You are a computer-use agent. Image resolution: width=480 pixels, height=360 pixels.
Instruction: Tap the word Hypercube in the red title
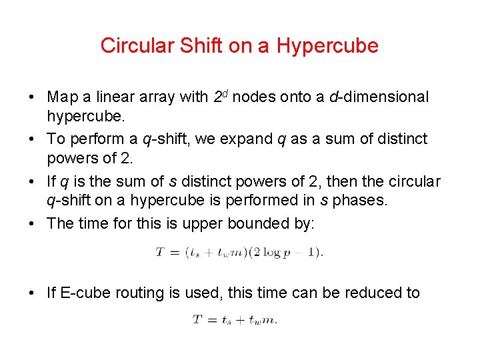(327, 46)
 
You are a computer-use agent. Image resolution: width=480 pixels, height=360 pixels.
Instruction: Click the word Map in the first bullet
(62, 97)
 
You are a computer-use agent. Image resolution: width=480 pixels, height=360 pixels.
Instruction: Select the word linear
(115, 97)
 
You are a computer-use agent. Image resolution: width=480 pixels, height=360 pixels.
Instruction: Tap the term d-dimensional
(379, 97)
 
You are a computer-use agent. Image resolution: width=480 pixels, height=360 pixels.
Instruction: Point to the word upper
(211, 223)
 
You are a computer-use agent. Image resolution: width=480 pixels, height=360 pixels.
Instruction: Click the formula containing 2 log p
(239, 253)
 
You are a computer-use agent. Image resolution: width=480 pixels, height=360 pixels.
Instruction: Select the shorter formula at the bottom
(235, 320)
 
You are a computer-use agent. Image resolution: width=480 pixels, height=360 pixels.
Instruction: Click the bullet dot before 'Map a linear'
(32, 97)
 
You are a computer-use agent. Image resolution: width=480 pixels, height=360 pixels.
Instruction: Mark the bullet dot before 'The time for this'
(32, 223)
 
